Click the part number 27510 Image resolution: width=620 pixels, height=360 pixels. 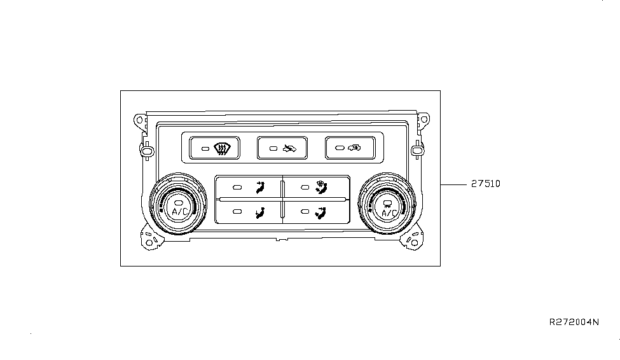tap(486, 184)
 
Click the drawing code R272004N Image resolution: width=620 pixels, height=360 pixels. tap(574, 322)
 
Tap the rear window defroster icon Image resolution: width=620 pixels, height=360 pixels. tap(221, 149)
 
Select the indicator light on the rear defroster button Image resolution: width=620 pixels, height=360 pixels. tap(205, 149)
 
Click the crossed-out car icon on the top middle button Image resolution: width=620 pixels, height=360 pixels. tap(289, 149)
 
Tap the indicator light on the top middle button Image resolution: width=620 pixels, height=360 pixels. tap(273, 149)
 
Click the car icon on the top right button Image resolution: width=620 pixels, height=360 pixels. tap(354, 148)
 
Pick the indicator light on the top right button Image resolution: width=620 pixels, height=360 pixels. tap(340, 148)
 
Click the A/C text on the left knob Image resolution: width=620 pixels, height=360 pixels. tap(180, 212)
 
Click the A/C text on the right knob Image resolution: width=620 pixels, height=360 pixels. tap(389, 213)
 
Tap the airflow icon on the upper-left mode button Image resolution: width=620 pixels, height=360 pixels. tap(260, 187)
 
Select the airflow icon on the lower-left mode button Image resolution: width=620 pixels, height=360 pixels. tap(260, 213)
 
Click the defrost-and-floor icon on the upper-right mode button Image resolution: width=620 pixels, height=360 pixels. tap(321, 187)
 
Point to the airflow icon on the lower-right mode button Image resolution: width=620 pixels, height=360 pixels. tap(320, 213)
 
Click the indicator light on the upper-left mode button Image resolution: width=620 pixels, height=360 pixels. tap(237, 188)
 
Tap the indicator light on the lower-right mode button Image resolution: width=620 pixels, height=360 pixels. tap(305, 212)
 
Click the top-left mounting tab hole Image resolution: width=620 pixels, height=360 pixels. tap(139, 120)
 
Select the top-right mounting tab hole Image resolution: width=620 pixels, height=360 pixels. tap(424, 119)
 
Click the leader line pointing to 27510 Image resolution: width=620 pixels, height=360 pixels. tap(453, 184)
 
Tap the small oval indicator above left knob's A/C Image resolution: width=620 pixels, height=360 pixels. tap(178, 202)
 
